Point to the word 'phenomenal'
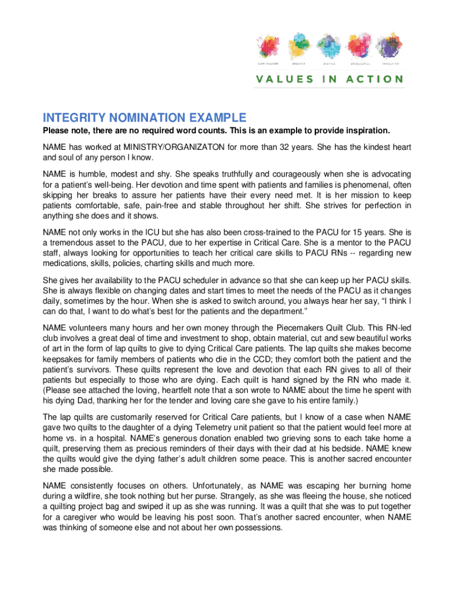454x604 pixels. coord(355,185)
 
